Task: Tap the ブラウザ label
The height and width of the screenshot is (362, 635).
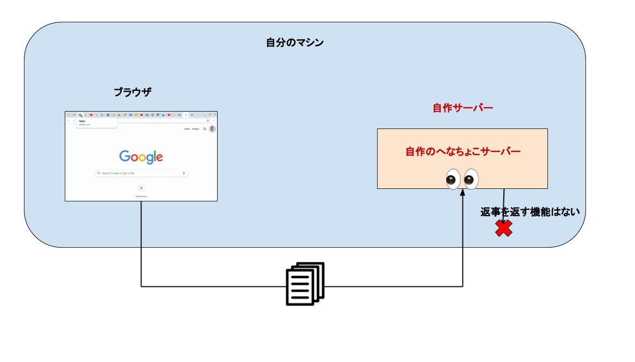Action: [132, 92]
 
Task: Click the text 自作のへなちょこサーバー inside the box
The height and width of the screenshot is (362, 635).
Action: [463, 151]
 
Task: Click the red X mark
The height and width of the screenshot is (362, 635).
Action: [504, 229]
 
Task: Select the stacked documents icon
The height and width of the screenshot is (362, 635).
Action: [305, 283]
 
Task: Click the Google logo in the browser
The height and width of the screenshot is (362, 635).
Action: [141, 157]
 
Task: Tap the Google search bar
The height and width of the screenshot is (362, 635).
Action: [141, 173]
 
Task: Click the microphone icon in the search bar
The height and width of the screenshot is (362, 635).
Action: [183, 173]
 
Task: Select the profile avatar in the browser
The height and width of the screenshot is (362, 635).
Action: [212, 129]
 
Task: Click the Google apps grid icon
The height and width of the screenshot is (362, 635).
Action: [204, 129]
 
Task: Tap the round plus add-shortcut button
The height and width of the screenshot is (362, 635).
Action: [141, 187]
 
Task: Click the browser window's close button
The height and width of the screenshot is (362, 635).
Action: [214, 114]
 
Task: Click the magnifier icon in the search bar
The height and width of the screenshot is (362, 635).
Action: [98, 173]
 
